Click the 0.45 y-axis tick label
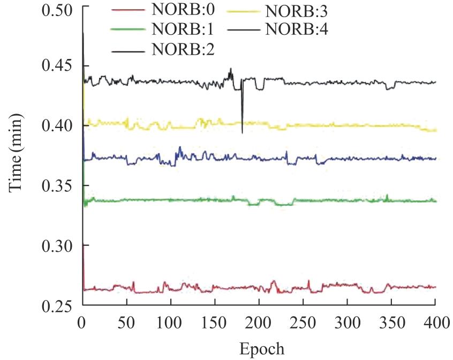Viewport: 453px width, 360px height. pos(58,68)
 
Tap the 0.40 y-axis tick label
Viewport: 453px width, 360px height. pos(58,127)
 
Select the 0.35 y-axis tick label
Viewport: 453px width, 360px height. pos(58,186)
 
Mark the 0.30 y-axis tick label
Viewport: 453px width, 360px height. pos(58,245)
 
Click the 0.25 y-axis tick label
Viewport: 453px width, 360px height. pos(58,306)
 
